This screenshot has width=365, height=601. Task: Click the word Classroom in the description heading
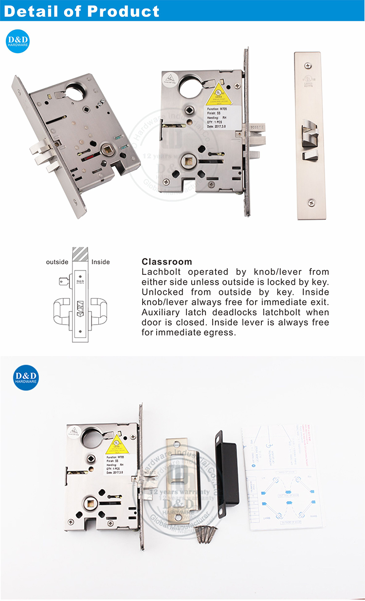pyautogui.click(x=166, y=262)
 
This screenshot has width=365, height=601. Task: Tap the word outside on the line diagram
pyautogui.click(x=57, y=262)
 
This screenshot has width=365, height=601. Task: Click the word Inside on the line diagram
pyautogui.click(x=101, y=262)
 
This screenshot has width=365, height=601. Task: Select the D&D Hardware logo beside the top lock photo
pyautogui.click(x=18, y=41)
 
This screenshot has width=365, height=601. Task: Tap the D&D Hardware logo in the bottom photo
pyautogui.click(x=26, y=377)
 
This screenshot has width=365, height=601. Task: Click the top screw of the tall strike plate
pyautogui.click(x=307, y=65)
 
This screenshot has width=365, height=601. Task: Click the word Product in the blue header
pyautogui.click(x=122, y=11)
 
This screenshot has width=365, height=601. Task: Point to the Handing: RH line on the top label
pyautogui.click(x=217, y=117)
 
